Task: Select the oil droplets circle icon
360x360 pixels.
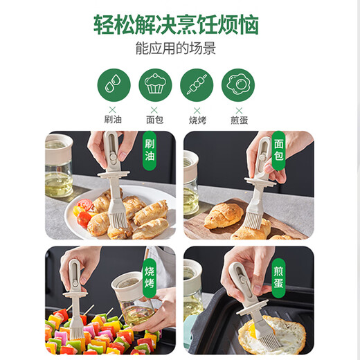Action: click(114, 86)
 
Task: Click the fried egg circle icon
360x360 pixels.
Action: click(237, 86)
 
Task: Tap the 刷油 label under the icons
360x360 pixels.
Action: click(114, 118)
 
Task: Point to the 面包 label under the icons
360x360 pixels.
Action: click(154, 118)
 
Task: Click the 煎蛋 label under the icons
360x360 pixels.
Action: click(237, 118)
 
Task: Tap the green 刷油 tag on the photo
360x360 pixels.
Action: click(149, 152)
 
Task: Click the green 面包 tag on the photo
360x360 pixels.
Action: click(279, 152)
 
